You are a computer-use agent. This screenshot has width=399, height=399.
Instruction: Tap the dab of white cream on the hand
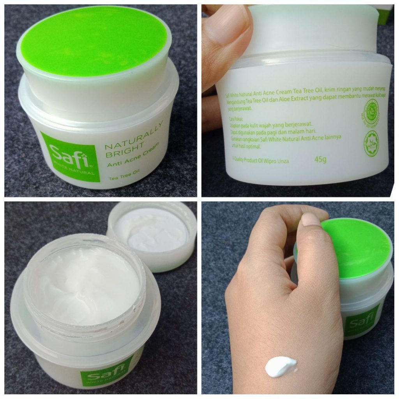click(x=281, y=366)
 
